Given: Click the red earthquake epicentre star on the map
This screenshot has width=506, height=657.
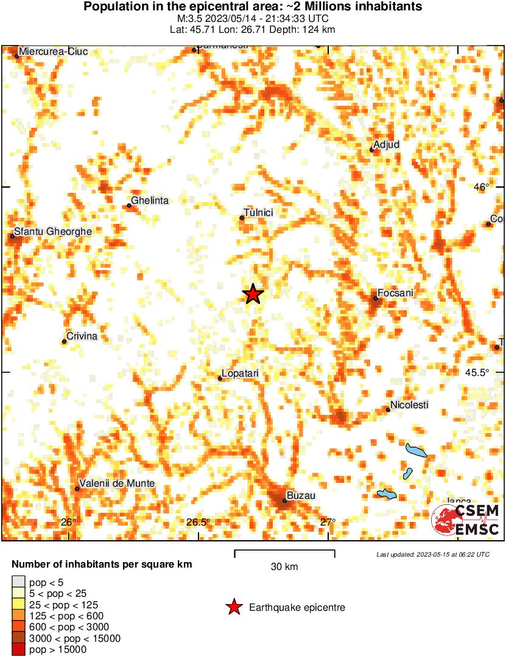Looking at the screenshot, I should pos(253,294).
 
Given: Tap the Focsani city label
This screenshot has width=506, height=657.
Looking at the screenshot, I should pos(396,293).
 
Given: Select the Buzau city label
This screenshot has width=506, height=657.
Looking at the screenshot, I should pos(301,496).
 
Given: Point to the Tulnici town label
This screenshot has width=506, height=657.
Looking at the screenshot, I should pos(258,212).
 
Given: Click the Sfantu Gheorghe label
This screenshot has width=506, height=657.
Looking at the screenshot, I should pos(53,232).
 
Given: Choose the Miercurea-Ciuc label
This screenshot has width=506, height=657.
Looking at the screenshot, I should pos(54,52).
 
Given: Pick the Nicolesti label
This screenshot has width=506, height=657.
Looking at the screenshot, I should pos(409,405).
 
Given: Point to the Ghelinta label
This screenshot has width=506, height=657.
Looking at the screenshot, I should pos(150,201).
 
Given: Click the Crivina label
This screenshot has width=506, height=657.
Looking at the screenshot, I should pos(82,336).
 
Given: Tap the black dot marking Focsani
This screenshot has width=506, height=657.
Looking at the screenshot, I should pos(376,298).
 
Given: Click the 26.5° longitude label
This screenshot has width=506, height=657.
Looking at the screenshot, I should pos(199,522).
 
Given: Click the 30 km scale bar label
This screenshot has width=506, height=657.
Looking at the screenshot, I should pos(284,567).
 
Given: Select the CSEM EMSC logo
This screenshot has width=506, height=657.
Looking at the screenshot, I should pos(466,520).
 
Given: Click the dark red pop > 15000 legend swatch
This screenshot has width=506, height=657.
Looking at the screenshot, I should pos(19,650).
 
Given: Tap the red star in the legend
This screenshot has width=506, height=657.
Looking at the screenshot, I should pos(233,607).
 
